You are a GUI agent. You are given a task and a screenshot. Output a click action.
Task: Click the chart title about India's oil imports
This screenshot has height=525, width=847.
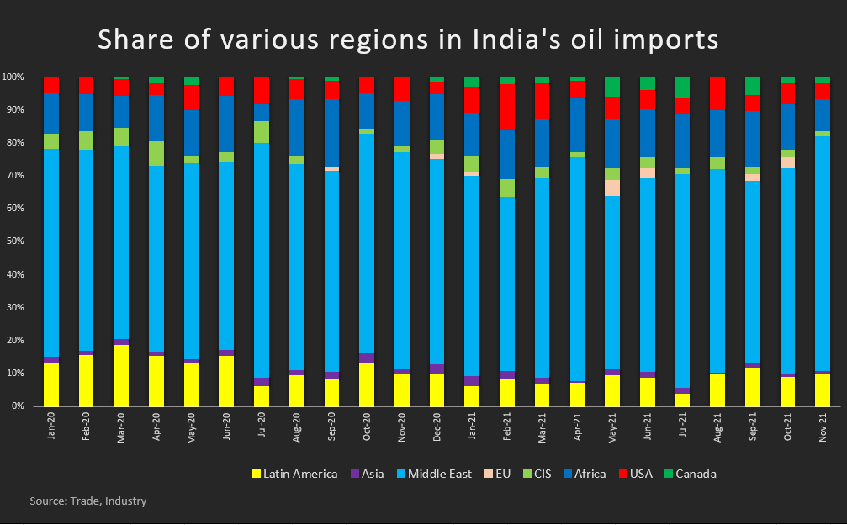click(409, 40)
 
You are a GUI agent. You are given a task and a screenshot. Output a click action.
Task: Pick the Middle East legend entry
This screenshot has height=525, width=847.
click(437, 474)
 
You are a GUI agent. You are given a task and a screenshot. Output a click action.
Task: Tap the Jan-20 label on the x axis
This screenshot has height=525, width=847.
click(51, 429)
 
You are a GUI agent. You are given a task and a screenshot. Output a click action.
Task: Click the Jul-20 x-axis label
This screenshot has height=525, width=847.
click(262, 429)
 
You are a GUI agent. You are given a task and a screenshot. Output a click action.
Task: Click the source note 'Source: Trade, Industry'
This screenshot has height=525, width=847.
click(88, 501)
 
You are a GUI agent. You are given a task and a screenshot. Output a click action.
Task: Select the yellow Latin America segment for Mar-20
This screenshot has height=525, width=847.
click(121, 375)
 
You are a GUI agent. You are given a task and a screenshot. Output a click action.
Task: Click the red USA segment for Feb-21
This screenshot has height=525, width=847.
click(506, 107)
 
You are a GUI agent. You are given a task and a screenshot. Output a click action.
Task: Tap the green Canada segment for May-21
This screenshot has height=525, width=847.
click(612, 87)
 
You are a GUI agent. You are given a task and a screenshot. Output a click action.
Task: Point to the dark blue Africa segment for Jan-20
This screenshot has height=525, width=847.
click(51, 113)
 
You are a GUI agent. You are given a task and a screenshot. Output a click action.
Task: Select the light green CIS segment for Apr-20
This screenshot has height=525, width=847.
click(156, 153)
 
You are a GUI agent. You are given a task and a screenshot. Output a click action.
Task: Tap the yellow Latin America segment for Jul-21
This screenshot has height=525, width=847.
click(682, 400)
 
